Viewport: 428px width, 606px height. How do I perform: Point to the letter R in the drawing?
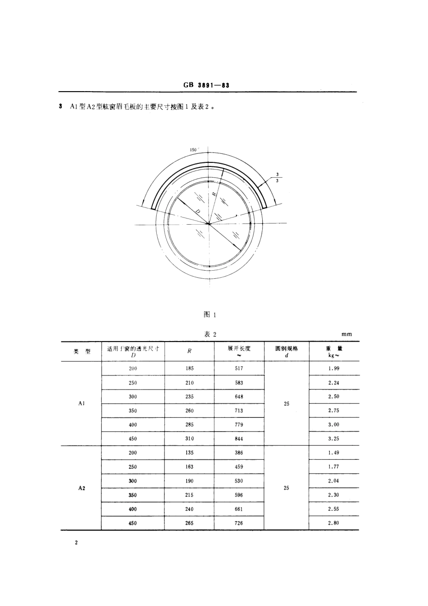(214, 194)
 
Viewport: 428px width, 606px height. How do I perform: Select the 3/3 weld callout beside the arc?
(278, 177)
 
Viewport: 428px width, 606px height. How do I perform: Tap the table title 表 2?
(210, 334)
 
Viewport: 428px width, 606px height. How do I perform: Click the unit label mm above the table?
(346, 334)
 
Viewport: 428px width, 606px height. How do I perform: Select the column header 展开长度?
(239, 349)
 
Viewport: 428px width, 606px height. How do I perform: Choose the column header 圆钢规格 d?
(287, 351)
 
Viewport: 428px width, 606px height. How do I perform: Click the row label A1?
(82, 403)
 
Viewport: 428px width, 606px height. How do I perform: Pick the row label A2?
(82, 488)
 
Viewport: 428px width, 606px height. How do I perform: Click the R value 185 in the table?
(189, 368)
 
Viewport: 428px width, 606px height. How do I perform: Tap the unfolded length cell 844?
(239, 439)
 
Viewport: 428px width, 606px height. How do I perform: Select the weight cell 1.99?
(334, 368)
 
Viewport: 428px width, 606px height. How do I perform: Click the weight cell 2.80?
(334, 523)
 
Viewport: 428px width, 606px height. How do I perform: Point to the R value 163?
(189, 467)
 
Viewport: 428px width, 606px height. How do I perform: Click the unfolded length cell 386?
(239, 453)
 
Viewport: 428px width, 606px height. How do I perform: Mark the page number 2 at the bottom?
(77, 543)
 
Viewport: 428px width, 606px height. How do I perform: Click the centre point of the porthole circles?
(209, 223)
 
